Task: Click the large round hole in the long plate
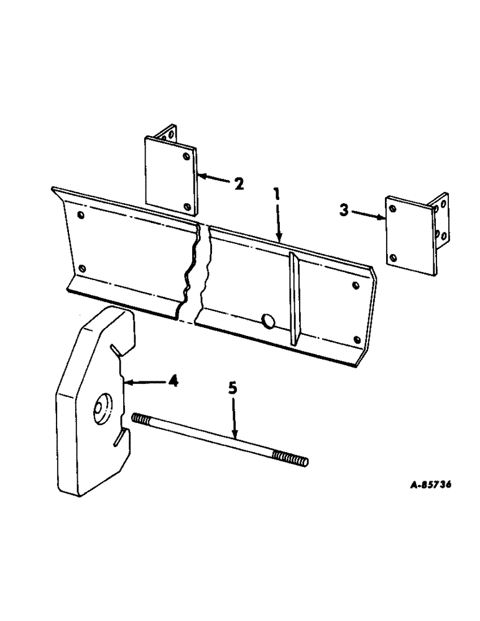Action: (x=269, y=320)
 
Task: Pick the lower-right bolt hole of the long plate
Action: (x=357, y=339)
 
